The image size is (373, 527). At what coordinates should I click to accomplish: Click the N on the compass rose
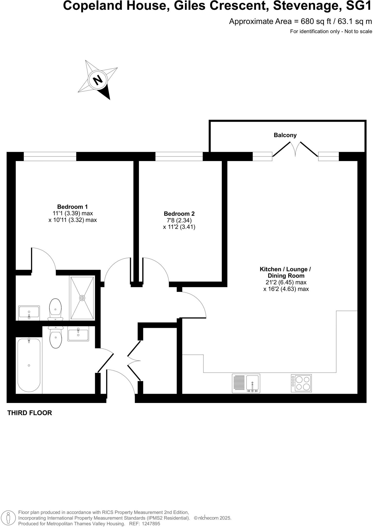pos(97,80)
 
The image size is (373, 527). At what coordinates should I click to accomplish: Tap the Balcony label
pos(285,135)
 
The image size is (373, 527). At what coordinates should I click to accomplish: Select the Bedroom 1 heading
pos(72,207)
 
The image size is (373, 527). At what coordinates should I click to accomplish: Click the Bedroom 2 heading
pos(179,214)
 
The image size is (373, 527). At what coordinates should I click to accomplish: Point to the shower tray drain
pos(82,298)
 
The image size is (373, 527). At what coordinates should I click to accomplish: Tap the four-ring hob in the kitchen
pos(301,383)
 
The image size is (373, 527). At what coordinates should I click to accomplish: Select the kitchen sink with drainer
pos(246,383)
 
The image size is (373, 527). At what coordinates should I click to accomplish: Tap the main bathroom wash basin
pos(78,334)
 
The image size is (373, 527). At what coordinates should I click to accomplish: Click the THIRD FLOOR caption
pos(30,413)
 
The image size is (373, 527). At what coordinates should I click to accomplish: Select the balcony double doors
pos(295,149)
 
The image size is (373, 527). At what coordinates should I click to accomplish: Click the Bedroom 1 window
pos(50,156)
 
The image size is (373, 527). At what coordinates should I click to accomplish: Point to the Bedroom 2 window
pos(179,156)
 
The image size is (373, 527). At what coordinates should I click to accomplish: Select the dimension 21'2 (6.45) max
pos(286,282)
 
